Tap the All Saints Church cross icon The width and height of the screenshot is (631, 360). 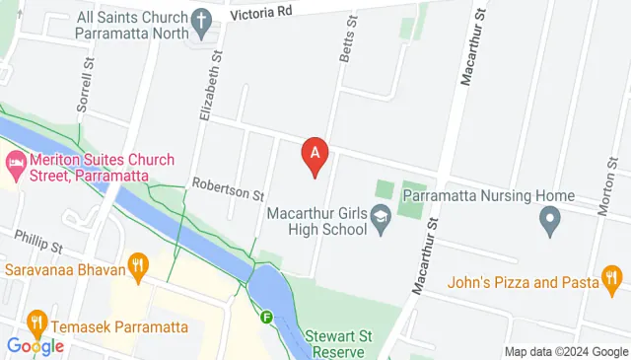click(x=201, y=21)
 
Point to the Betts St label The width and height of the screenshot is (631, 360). click(x=347, y=40)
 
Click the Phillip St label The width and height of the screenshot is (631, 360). click(x=38, y=239)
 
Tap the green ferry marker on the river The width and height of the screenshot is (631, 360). click(x=267, y=318)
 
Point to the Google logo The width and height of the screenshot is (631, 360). click(x=35, y=346)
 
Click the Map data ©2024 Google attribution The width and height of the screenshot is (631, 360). click(x=566, y=352)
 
